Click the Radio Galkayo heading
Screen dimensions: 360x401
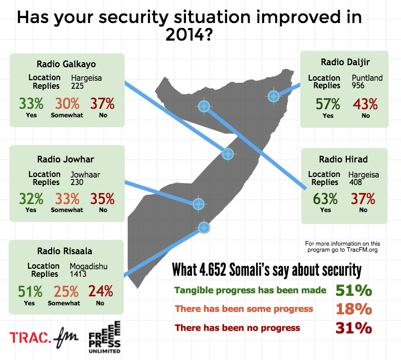66,64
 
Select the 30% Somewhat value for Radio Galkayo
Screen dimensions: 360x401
67,104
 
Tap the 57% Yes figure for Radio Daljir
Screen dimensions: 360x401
328,104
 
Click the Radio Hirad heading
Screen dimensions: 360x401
343,159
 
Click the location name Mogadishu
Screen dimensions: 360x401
89,266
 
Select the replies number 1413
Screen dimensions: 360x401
79,274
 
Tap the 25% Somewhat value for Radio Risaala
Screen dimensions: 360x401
64,291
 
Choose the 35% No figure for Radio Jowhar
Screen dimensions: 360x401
103,198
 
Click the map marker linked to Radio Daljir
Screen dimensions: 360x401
273,96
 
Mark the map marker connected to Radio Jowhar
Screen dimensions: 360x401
198,204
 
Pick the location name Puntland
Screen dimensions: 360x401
367,78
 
